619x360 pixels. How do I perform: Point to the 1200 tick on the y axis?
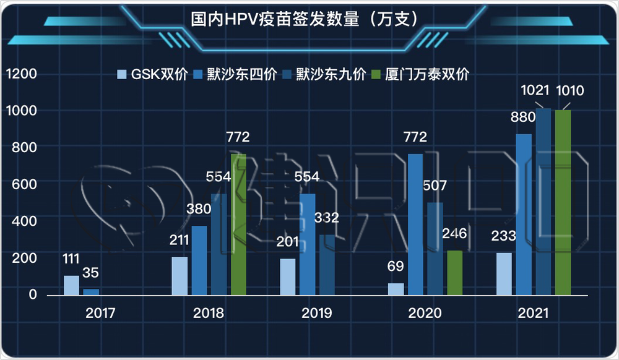tap(21, 74)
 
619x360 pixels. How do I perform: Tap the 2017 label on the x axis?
tap(100, 313)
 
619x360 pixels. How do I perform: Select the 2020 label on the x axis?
tap(425, 313)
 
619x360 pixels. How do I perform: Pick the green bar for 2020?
tap(454, 273)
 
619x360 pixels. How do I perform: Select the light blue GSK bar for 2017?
tap(71, 286)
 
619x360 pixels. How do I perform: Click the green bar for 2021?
tap(563, 203)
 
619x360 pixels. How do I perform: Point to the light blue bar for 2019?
tap(288, 277)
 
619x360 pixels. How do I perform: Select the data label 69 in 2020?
tap(396, 267)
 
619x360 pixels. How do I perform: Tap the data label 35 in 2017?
tap(91, 273)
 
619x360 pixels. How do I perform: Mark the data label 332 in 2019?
tap(326, 218)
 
